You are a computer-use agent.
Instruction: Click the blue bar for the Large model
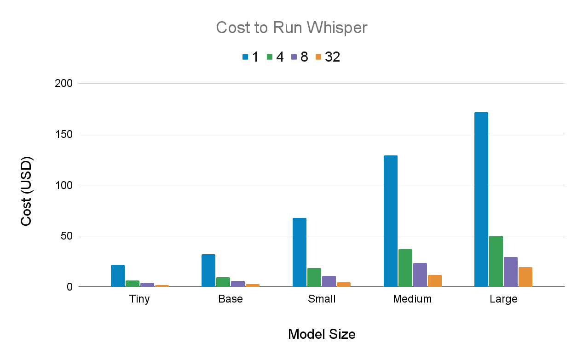pyautogui.click(x=481, y=200)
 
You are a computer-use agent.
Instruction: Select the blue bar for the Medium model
pyautogui.click(x=390, y=221)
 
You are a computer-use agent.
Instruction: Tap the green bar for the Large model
pyautogui.click(x=496, y=261)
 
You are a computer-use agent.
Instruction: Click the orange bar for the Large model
pyautogui.click(x=525, y=277)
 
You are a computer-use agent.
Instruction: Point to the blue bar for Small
pyautogui.click(x=299, y=252)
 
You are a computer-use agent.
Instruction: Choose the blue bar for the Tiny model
pyautogui.click(x=118, y=276)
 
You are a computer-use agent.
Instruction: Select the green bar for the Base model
pyautogui.click(x=223, y=282)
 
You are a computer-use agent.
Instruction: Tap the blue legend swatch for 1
pyautogui.click(x=245, y=57)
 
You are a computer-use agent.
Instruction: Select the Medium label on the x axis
pyautogui.click(x=412, y=299)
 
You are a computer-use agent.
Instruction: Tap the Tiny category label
pyautogui.click(x=139, y=299)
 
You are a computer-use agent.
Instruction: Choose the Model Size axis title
pyautogui.click(x=322, y=334)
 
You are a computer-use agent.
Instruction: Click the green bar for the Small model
pyautogui.click(x=314, y=277)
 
